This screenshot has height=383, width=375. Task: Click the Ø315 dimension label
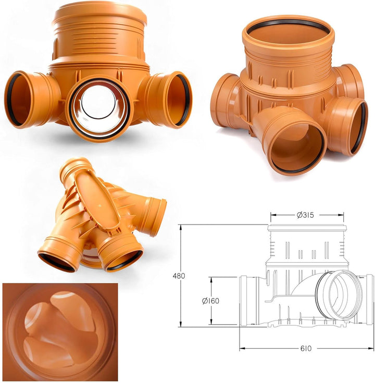tap(305, 215)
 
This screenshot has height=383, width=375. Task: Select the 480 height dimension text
tap(179, 276)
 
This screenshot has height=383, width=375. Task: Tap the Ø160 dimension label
tap(210, 301)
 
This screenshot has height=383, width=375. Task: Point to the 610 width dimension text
tap(306, 348)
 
